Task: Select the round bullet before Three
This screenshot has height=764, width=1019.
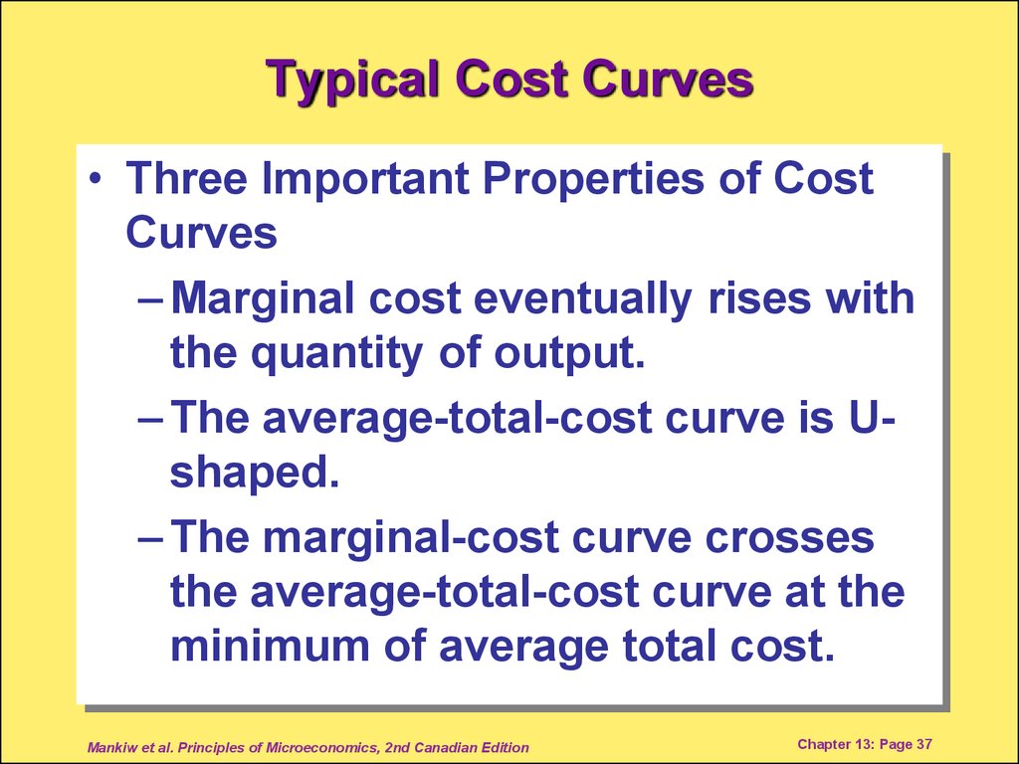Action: (x=97, y=179)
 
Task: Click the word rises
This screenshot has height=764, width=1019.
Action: (x=759, y=298)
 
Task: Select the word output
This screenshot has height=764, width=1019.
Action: (x=570, y=354)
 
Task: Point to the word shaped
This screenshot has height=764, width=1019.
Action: (x=254, y=473)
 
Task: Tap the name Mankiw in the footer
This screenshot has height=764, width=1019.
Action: (x=111, y=747)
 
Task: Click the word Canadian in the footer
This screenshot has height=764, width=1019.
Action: (x=443, y=747)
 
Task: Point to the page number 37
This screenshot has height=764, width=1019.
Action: (x=924, y=744)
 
